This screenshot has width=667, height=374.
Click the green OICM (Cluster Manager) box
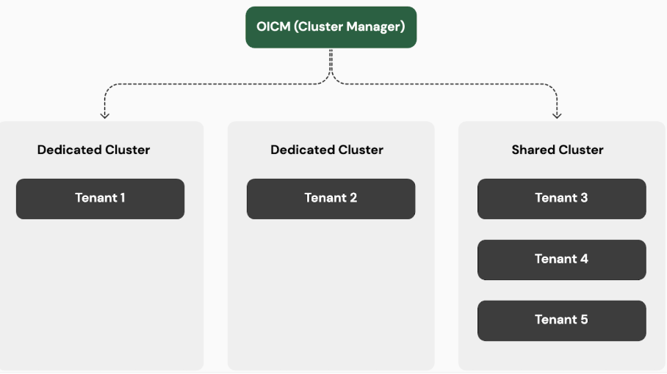[x=331, y=27]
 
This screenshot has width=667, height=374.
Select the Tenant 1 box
[x=100, y=198]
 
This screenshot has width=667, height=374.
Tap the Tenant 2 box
[x=331, y=198]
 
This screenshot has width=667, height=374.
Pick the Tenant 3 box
[x=561, y=198]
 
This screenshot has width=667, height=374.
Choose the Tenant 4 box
[x=561, y=259]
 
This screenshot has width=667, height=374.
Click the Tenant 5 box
[x=561, y=320]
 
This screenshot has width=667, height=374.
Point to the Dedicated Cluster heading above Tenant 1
[x=93, y=150]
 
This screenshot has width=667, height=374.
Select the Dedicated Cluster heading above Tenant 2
[x=327, y=150]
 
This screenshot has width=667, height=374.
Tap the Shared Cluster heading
[x=557, y=150]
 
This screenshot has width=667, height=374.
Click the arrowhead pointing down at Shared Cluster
[x=557, y=115]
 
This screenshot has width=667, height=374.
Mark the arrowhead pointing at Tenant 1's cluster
[x=104, y=115]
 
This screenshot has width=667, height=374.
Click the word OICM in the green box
[x=273, y=27]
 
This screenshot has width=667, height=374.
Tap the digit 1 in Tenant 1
[x=122, y=198]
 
